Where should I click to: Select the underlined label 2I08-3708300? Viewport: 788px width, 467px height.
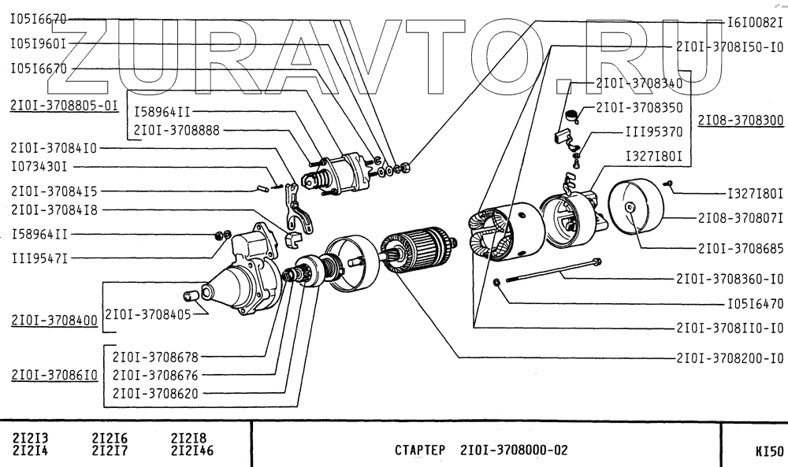click(x=741, y=121)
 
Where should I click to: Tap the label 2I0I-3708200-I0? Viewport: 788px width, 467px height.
click(x=730, y=357)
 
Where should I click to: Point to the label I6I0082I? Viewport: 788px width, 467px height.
click(x=754, y=23)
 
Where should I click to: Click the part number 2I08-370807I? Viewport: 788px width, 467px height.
click(x=740, y=217)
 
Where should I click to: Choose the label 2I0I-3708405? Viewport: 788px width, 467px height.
click(x=148, y=313)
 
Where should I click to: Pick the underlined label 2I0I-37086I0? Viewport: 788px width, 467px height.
click(x=54, y=375)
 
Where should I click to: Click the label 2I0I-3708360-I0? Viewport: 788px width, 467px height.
click(x=730, y=278)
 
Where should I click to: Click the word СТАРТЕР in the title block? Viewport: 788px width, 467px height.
click(x=420, y=451)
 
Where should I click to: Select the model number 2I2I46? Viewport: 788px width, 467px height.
click(x=192, y=451)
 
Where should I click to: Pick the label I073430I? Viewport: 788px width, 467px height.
click(x=39, y=166)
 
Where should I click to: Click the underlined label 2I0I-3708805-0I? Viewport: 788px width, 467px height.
click(x=64, y=105)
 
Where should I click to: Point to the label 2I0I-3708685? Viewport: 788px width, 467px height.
click(x=741, y=247)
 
